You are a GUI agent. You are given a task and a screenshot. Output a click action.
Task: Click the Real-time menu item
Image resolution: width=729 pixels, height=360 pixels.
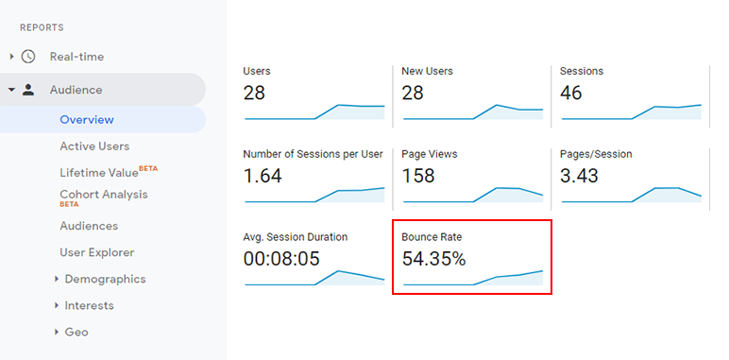tap(76, 57)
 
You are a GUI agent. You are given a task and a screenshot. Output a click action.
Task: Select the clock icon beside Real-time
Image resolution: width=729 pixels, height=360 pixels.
tap(27, 57)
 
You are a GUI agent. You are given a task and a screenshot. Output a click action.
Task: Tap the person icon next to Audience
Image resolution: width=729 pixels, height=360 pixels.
tap(27, 90)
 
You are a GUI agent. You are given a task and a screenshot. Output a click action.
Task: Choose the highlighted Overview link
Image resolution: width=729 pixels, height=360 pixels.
tap(87, 120)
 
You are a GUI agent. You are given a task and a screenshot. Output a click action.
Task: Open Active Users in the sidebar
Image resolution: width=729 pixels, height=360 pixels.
tap(94, 146)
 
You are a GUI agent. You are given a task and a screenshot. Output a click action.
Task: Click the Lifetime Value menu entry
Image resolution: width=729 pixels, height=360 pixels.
tap(99, 173)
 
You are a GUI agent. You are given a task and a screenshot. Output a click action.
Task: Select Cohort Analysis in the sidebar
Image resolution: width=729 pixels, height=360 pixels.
tap(103, 195)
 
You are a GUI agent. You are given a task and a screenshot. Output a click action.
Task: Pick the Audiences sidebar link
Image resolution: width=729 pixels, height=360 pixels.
tap(89, 226)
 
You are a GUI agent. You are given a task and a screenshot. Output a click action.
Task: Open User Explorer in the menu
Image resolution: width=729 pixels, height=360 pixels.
tap(97, 252)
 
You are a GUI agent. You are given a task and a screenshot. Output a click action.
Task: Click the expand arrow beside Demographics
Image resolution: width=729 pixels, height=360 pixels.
tap(58, 279)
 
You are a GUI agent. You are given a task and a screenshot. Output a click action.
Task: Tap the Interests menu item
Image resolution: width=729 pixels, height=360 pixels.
tap(89, 305)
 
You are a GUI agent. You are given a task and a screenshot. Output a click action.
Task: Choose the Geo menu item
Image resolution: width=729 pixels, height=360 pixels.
tap(76, 332)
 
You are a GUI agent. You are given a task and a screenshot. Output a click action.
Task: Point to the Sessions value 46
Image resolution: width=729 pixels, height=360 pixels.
tap(571, 93)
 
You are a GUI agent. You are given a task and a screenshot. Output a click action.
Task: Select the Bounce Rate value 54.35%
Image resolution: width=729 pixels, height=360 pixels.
tap(433, 258)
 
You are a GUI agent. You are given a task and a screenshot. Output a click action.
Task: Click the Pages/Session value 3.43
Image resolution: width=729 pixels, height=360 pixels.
tap(580, 176)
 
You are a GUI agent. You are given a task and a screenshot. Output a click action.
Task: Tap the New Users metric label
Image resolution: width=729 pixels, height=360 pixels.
tap(427, 71)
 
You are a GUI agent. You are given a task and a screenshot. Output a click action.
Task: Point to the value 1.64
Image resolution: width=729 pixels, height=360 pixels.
tap(263, 176)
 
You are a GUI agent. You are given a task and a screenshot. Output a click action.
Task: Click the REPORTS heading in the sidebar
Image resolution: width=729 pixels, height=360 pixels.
tap(42, 27)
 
